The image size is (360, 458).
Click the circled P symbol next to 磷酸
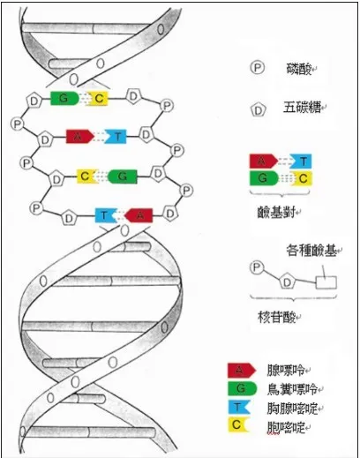[258, 67]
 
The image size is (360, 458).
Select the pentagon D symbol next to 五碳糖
[259, 110]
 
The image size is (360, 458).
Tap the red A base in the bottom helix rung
[137, 214]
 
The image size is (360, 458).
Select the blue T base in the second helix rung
[117, 137]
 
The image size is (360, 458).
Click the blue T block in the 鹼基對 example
[303, 161]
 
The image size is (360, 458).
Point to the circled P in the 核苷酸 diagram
[258, 266]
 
